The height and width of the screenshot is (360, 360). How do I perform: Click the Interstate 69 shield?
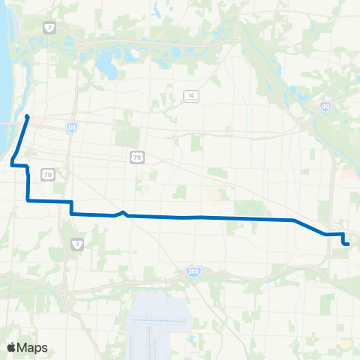click(x=71, y=128)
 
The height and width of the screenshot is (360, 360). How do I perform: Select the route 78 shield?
click(x=48, y=175)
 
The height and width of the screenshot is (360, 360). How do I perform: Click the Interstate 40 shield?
click(x=325, y=107)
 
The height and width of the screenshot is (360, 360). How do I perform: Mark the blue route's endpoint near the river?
click(x=27, y=116)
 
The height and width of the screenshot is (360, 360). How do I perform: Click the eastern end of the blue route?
click(x=349, y=244)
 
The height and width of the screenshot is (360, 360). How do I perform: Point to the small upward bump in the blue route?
click(x=123, y=211)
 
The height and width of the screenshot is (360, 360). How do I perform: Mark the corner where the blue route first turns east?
click(x=28, y=200)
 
